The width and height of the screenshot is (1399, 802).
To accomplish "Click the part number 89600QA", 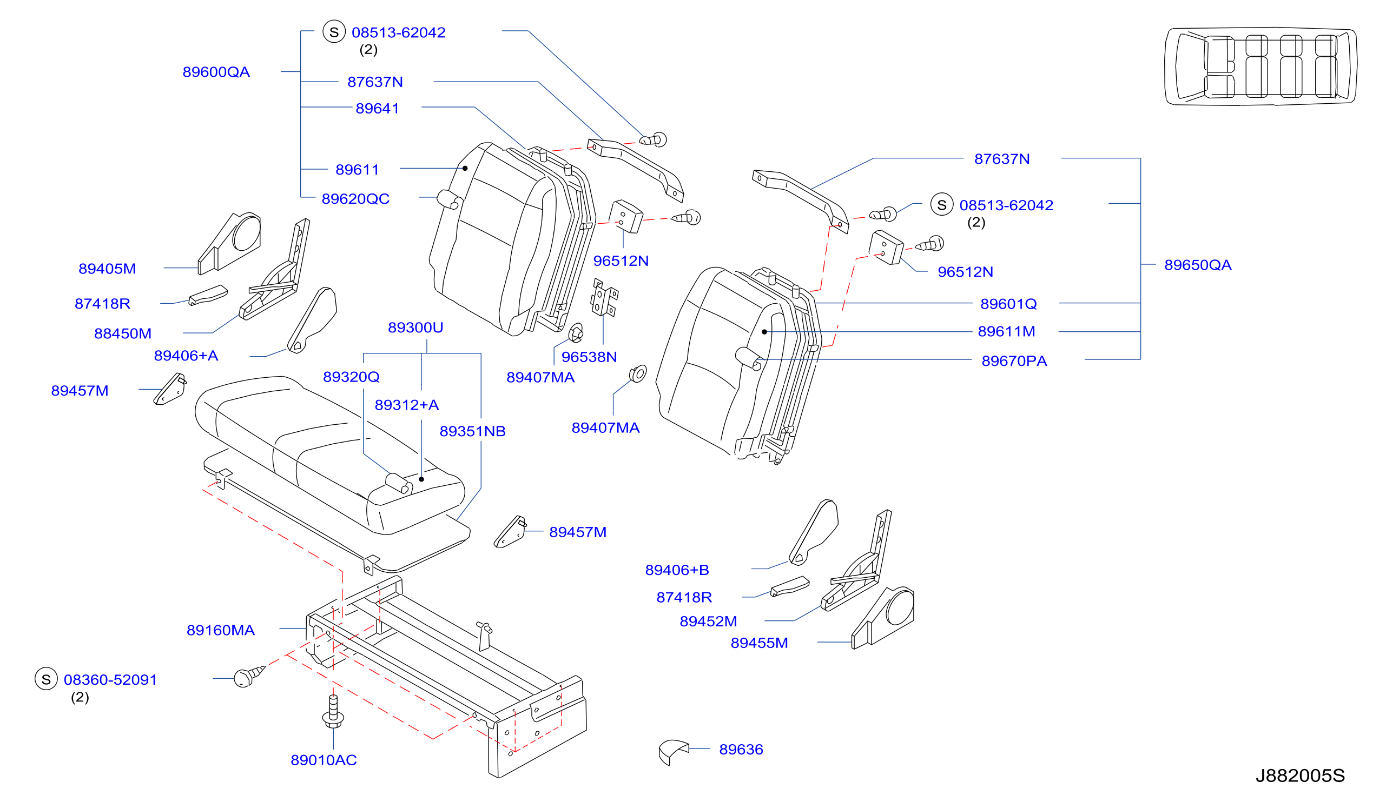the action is tap(216, 72).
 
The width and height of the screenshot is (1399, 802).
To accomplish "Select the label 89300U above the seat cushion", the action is tap(415, 328).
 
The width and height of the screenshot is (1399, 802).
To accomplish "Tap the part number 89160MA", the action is tap(221, 630).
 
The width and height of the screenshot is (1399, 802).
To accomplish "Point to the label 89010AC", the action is tap(324, 760).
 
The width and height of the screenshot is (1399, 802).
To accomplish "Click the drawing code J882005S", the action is tap(1301, 776).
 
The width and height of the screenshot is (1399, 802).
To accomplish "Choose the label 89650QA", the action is tap(1198, 265).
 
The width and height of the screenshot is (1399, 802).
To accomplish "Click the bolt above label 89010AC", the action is tap(333, 711).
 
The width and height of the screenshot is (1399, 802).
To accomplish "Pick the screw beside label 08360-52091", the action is tap(249, 676).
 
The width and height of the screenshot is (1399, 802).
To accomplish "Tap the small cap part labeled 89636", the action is tap(673, 751).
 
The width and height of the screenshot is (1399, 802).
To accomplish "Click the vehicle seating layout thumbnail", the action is tap(1261, 66).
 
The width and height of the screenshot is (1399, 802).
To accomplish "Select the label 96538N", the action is tap(589, 357).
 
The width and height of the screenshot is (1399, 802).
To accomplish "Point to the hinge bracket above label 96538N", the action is tap(604, 298).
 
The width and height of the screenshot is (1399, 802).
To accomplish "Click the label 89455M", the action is tap(759, 643).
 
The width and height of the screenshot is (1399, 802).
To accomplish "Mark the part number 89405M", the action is tap(107, 269).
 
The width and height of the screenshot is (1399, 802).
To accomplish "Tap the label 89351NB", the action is tap(472, 431).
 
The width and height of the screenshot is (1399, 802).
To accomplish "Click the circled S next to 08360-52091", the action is tap(47, 679).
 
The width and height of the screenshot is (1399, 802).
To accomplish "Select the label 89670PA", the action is tap(1014, 361).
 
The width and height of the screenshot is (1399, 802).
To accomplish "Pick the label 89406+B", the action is tap(677, 570).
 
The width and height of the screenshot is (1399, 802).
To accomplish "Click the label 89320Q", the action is tap(351, 377).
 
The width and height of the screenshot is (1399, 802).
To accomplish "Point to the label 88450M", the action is tap(122, 333).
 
